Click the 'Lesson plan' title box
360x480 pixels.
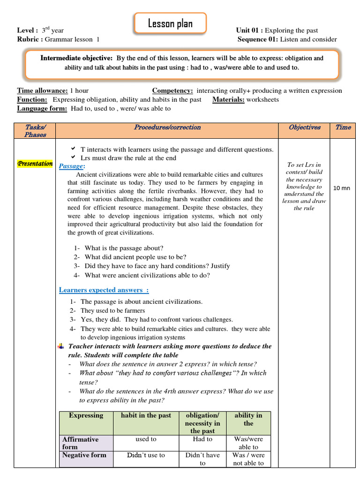coord(170,23)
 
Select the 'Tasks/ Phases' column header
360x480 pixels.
coord(35,131)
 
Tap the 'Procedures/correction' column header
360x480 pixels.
coord(167,127)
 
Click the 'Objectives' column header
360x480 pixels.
coord(305,127)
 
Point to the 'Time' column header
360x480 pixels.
coord(343,127)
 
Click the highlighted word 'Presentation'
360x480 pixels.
coord(35,164)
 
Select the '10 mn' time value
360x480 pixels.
coord(342,188)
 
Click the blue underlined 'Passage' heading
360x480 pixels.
coord(71,166)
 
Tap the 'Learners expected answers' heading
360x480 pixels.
coord(100,290)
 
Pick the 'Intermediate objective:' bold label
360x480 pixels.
coord(76,58)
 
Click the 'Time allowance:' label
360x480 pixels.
coord(43,90)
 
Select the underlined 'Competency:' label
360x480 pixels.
coord(172,90)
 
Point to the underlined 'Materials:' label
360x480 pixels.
coord(228,99)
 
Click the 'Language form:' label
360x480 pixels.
coord(42,108)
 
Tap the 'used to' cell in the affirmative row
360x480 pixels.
coord(146,439)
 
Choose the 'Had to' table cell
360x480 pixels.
coord(202,439)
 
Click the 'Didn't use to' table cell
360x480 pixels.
coord(146,455)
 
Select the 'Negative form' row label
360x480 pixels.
coord(84,455)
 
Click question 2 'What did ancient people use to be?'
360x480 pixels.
coord(135,257)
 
